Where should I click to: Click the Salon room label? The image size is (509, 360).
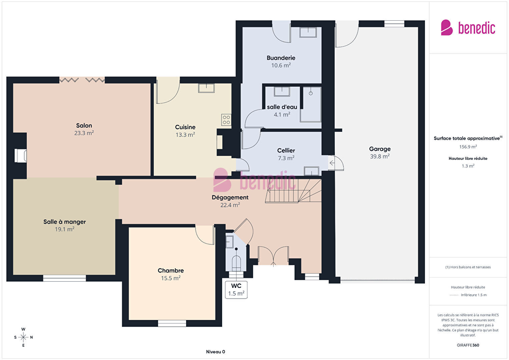(x=84, y=125)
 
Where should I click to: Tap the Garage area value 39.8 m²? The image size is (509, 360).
(x=380, y=156)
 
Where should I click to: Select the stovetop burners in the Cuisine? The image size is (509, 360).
(x=226, y=120)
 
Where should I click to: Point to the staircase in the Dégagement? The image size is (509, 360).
(x=293, y=191)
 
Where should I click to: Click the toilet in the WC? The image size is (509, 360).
(x=236, y=264)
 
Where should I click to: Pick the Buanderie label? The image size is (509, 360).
(x=281, y=58)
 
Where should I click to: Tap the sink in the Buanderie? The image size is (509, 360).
(x=308, y=32)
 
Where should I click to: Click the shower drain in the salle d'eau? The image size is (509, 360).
(x=311, y=93)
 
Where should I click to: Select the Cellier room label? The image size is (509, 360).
(x=286, y=150)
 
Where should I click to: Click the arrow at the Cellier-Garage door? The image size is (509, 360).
(x=332, y=163)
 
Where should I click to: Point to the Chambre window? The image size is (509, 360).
(x=172, y=323)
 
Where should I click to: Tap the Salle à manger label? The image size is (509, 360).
(x=64, y=222)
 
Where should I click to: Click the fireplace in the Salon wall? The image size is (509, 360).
(x=20, y=156)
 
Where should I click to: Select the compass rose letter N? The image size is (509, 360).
(x=31, y=337)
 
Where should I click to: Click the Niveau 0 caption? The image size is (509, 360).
(x=215, y=352)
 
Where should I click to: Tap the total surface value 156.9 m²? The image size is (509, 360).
(x=468, y=147)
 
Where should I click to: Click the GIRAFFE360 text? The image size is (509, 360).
(x=468, y=345)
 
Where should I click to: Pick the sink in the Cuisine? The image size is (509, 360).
(x=206, y=88)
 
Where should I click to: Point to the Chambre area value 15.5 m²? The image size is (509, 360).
(x=171, y=278)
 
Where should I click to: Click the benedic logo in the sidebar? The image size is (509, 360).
(x=468, y=27)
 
